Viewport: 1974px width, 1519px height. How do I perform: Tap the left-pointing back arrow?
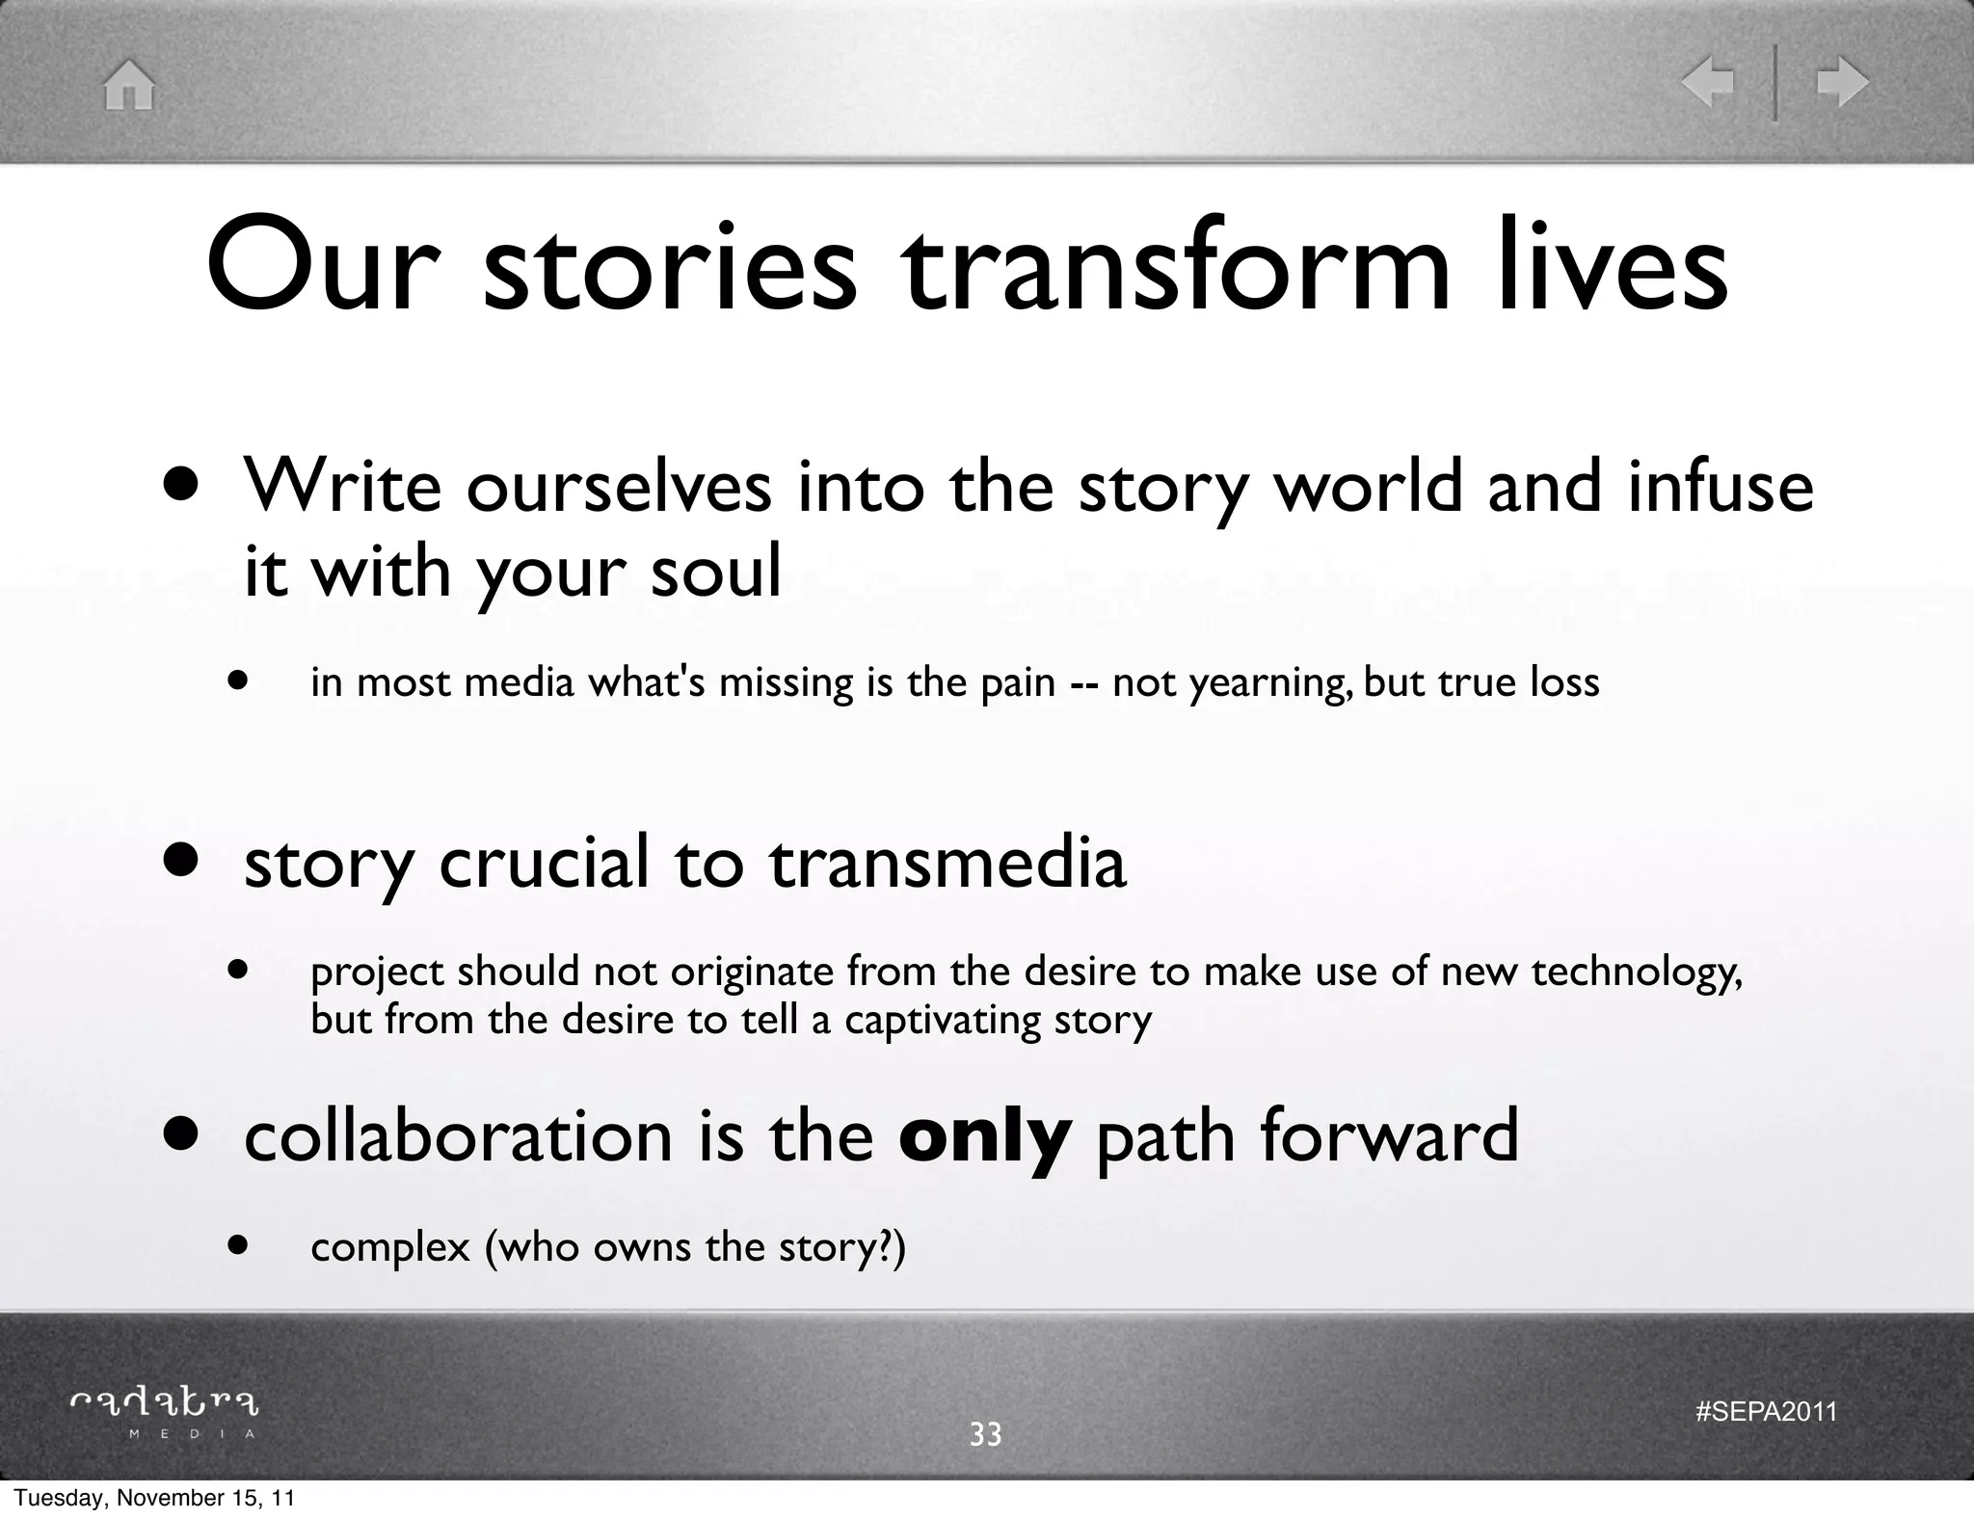(1707, 84)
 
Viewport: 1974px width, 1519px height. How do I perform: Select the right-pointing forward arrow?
(1842, 84)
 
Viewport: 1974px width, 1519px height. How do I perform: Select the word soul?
(715, 572)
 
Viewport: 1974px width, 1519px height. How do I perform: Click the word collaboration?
(458, 1135)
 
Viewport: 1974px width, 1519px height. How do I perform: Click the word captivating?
(943, 1020)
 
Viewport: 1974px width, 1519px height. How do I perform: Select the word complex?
(390, 1248)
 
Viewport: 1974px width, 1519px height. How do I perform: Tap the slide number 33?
(985, 1435)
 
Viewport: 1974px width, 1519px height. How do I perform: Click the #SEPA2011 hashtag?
(1766, 1412)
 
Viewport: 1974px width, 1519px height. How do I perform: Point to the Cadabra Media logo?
(165, 1412)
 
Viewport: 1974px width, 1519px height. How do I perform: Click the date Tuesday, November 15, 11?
(154, 1499)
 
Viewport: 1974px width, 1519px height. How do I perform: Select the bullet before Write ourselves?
(181, 484)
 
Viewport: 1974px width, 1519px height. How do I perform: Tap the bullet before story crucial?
(181, 860)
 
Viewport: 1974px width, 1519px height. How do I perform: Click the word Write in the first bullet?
(342, 486)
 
